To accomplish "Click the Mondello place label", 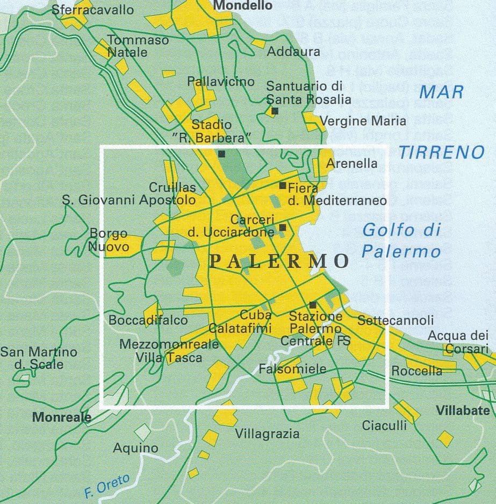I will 243,6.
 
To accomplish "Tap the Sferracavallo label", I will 93,10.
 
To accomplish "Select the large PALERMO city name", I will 279,261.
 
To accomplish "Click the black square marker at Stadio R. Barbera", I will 222,154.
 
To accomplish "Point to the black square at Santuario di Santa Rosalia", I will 275,111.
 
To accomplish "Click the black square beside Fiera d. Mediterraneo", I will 283,186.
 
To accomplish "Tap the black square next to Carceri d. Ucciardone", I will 283,228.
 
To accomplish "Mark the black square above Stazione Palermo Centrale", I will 313,304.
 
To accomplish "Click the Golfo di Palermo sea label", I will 401,240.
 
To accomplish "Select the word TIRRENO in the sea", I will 441,153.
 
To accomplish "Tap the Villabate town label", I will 463,410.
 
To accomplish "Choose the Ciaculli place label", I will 384,425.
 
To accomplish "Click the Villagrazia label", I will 267,434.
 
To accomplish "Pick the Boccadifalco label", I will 148,321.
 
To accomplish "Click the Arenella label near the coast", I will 351,164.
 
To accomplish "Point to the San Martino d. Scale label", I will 39,358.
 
